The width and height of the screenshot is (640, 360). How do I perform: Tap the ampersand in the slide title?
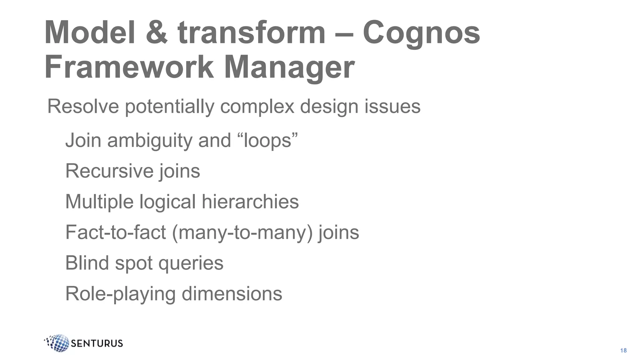157,32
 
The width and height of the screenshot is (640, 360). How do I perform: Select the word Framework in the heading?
129,67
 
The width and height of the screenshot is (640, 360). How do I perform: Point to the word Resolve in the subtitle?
83,106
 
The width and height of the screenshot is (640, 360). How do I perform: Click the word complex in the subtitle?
257,107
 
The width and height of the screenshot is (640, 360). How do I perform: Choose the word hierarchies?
250,202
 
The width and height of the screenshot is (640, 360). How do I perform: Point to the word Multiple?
99,202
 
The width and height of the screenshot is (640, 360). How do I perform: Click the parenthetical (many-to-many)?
242,233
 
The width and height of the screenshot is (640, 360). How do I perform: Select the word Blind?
87,263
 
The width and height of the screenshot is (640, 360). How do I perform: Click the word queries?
191,263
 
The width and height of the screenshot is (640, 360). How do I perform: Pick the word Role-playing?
120,294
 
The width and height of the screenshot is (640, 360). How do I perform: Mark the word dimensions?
232,294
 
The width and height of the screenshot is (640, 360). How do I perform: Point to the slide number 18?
623,351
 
